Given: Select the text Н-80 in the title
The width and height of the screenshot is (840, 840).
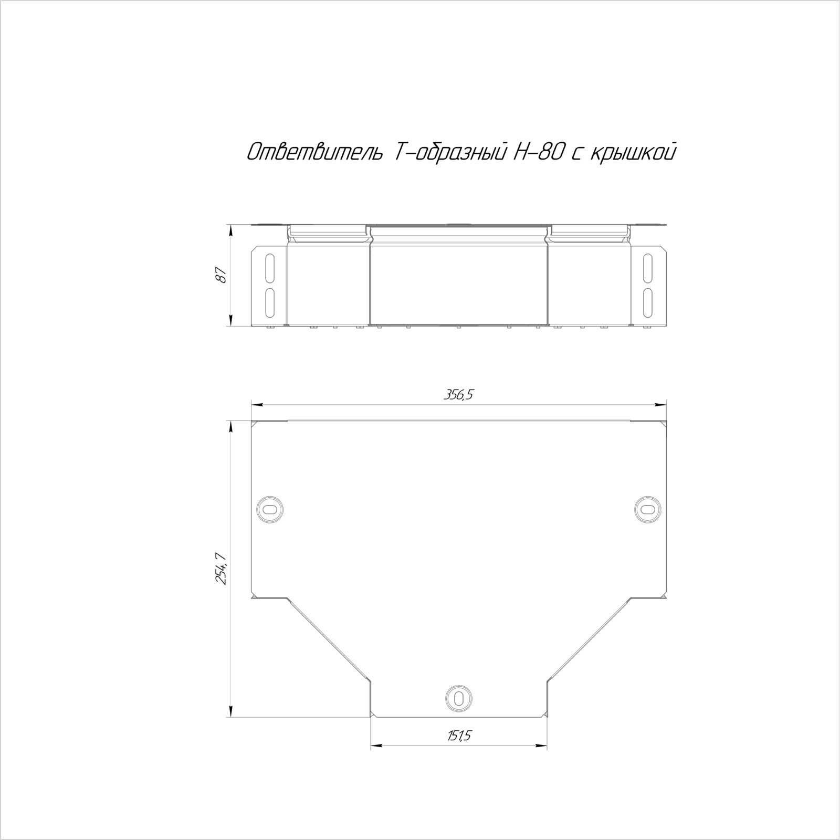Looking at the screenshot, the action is pyautogui.click(x=536, y=152).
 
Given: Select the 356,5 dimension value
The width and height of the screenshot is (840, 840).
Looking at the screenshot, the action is pyautogui.click(x=458, y=395).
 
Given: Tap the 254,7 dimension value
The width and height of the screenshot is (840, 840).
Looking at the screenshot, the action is pyautogui.click(x=221, y=569).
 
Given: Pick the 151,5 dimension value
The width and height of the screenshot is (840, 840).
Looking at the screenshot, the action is pyautogui.click(x=459, y=736).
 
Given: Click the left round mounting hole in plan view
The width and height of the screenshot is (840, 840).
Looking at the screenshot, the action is pyautogui.click(x=270, y=508).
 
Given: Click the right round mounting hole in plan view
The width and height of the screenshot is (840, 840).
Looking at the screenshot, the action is pyautogui.click(x=648, y=508).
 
